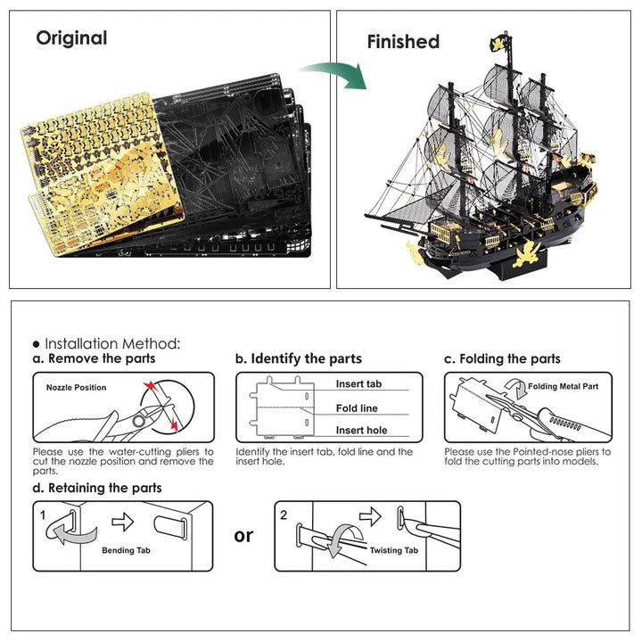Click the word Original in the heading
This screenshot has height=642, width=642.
tap(71, 38)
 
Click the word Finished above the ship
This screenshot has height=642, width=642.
tap(403, 42)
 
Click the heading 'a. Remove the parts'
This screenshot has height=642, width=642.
tap(94, 358)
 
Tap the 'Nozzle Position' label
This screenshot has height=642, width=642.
tap(76, 388)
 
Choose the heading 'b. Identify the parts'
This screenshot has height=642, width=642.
tap(299, 358)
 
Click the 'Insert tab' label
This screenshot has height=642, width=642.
tap(358, 384)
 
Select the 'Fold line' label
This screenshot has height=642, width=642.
tap(357, 408)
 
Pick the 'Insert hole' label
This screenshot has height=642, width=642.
tap(361, 431)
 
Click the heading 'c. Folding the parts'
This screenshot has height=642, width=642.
tap(503, 358)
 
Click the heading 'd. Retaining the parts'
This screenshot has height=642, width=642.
tap(97, 488)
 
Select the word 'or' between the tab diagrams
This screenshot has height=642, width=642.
tap(243, 535)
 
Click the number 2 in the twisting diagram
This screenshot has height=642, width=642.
tap(284, 514)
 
